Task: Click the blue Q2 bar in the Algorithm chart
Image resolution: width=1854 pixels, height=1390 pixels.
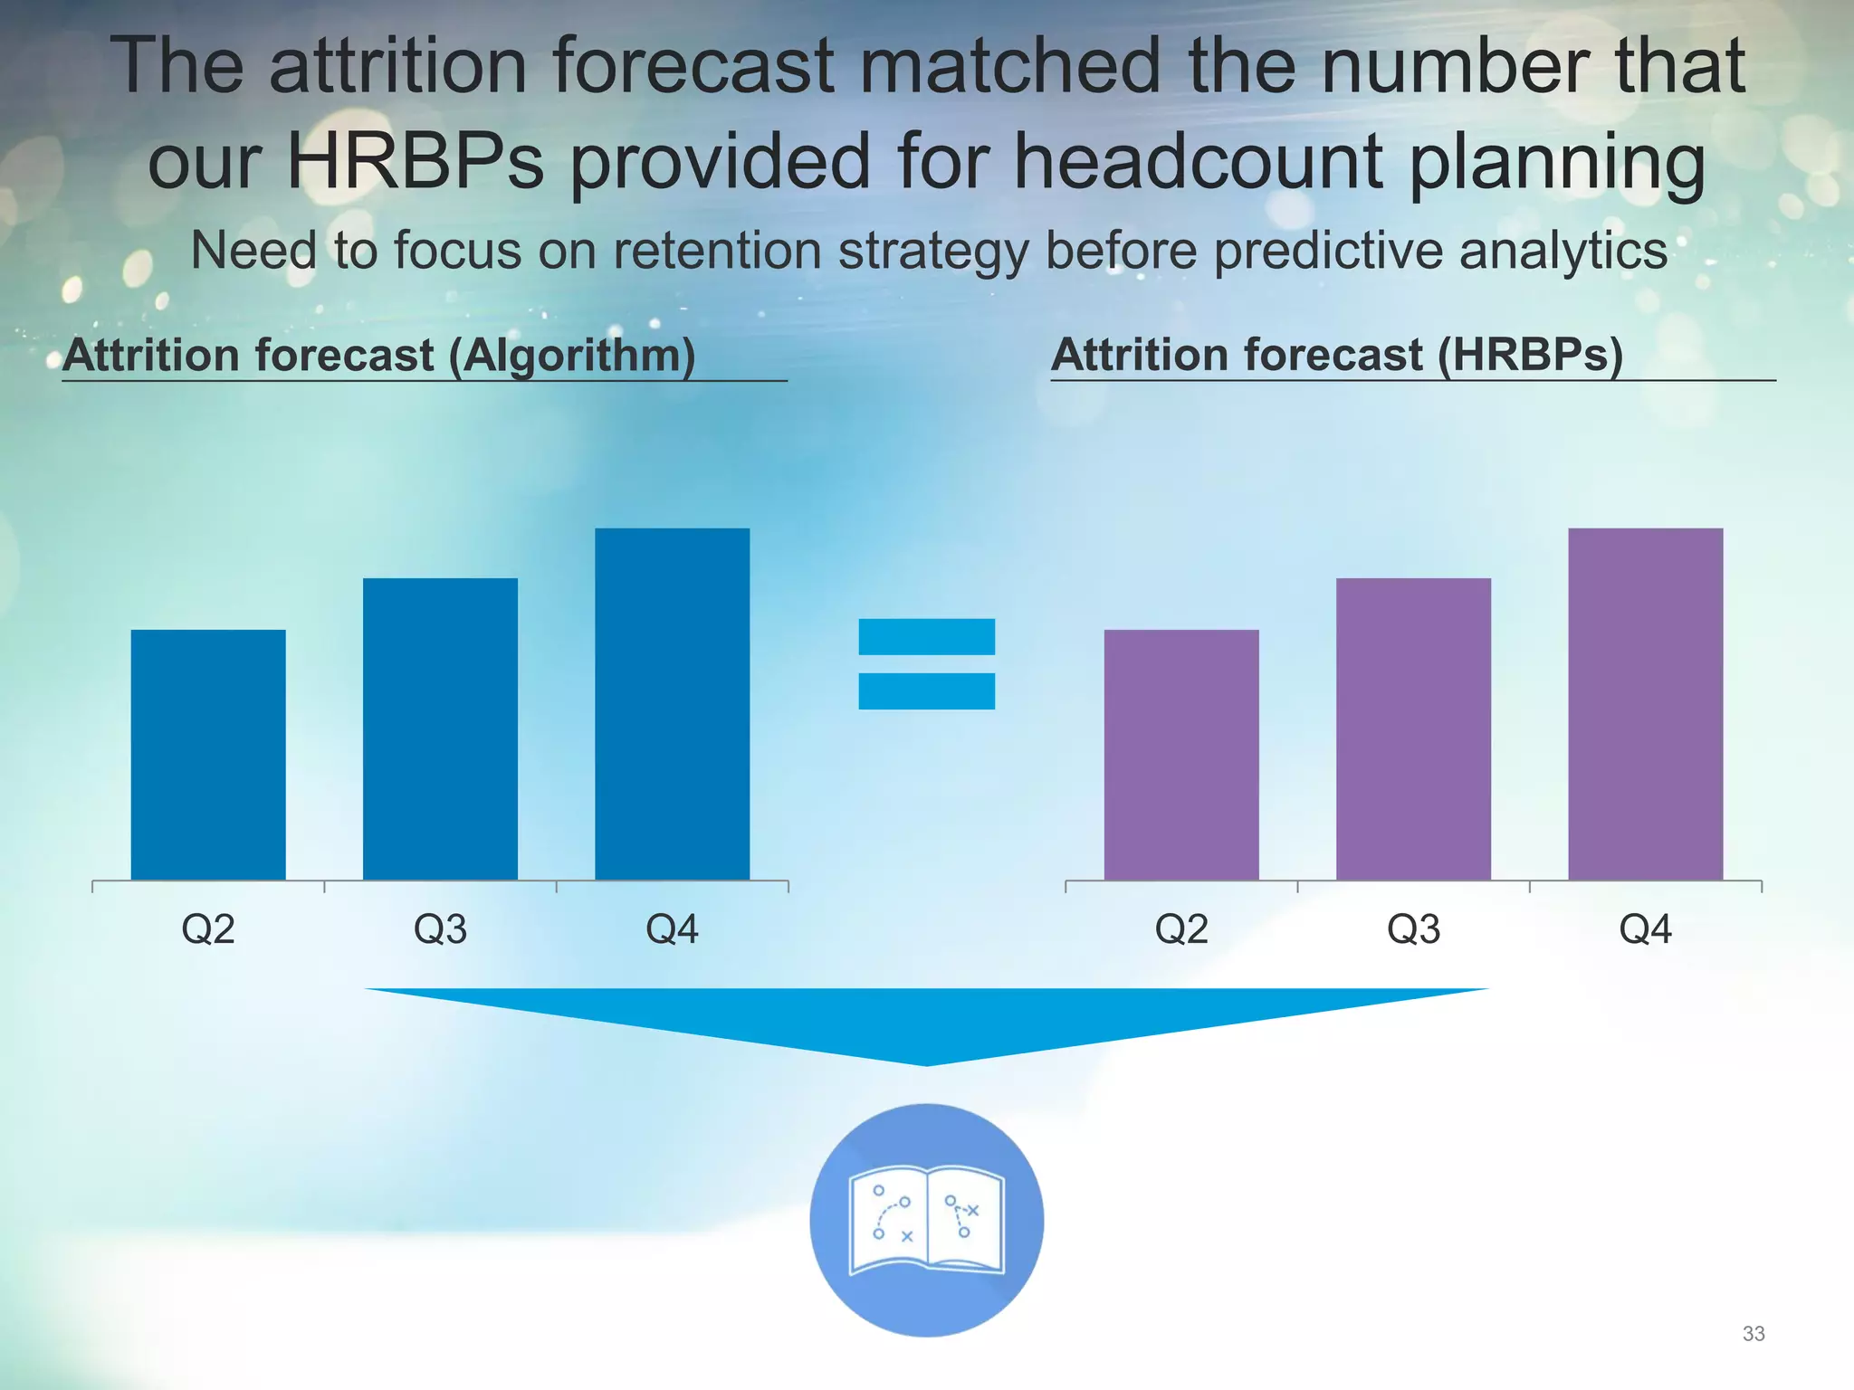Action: click(x=208, y=754)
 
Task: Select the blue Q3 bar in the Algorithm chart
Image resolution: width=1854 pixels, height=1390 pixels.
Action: click(x=440, y=728)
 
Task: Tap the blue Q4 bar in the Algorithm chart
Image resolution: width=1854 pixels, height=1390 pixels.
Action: click(x=672, y=703)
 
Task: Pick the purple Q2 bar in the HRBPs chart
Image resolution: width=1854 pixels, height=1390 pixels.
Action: click(x=1181, y=754)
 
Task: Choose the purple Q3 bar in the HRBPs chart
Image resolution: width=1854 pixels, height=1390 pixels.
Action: click(x=1413, y=728)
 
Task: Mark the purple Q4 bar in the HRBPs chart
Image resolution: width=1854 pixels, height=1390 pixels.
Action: click(x=1645, y=703)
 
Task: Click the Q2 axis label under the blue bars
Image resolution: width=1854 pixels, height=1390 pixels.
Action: click(x=208, y=929)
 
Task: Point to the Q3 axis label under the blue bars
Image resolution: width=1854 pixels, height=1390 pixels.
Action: click(x=440, y=929)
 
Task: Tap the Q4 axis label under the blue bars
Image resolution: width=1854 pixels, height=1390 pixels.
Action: click(x=672, y=929)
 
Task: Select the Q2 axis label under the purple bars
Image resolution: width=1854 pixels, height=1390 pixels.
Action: click(x=1181, y=929)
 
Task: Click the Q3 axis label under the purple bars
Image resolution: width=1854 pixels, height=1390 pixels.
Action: click(x=1413, y=929)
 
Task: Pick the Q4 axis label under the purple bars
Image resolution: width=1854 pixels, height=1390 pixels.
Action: click(x=1645, y=929)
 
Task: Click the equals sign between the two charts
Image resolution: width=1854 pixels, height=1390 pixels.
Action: click(x=926, y=663)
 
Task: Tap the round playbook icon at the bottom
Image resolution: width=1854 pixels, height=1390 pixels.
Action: click(x=926, y=1219)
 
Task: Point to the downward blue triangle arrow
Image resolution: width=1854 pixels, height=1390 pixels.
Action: click(x=926, y=1018)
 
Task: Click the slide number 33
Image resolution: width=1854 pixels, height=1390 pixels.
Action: click(x=1753, y=1334)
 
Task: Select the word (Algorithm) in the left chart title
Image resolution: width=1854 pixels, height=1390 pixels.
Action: click(x=572, y=355)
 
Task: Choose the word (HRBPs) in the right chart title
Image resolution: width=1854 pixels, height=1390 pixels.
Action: click(x=1530, y=355)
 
